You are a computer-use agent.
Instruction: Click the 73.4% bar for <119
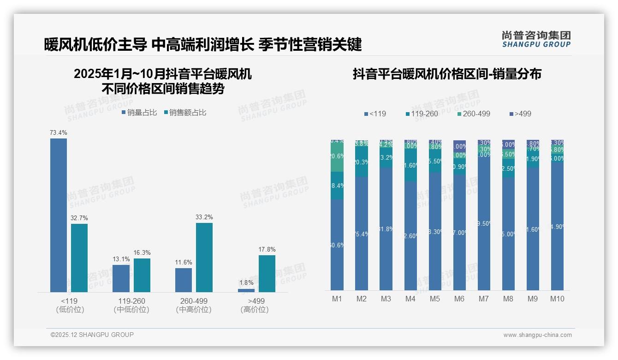[59, 215]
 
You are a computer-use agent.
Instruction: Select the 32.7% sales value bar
[79, 258]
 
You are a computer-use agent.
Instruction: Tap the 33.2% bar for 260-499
[204, 257]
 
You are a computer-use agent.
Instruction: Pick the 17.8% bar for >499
[267, 273]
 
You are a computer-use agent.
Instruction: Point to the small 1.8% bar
[246, 290]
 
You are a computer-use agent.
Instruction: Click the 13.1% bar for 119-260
[121, 278]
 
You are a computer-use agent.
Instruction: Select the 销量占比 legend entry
[139, 113]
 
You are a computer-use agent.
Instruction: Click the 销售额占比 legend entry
[185, 113]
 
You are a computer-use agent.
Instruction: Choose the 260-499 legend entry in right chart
[474, 114]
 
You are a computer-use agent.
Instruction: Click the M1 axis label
[337, 299]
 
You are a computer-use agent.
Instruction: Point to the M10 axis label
[557, 299]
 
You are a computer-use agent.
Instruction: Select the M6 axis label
[459, 299]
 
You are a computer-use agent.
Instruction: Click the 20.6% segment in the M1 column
[337, 156]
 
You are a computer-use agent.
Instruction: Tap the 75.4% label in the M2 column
[362, 234]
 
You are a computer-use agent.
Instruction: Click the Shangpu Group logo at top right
[536, 39]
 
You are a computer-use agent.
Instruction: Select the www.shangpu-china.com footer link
[537, 335]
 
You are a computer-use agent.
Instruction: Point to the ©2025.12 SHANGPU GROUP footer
[92, 335]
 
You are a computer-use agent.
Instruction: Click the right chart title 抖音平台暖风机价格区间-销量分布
[447, 74]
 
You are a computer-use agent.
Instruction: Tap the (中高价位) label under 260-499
[194, 310]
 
